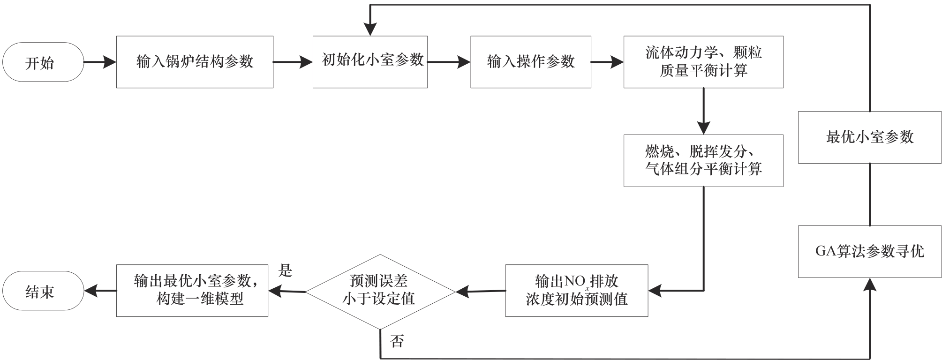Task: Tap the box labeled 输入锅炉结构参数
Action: point(195,62)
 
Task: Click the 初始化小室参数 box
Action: point(370,62)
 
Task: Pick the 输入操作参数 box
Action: point(530,62)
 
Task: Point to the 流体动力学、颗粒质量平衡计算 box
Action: point(703,62)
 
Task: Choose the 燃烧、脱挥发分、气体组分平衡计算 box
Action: point(703,161)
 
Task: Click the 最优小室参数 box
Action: point(869,137)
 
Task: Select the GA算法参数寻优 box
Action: point(869,252)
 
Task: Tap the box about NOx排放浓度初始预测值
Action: point(576,291)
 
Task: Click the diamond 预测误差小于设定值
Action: point(380,292)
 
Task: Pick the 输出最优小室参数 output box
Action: point(192,291)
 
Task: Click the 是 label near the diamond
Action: point(285,270)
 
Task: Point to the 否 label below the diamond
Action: point(397,341)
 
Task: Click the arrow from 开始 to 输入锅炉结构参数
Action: point(100,62)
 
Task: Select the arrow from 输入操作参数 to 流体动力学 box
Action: point(607,62)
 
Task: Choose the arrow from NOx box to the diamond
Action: point(481,292)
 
